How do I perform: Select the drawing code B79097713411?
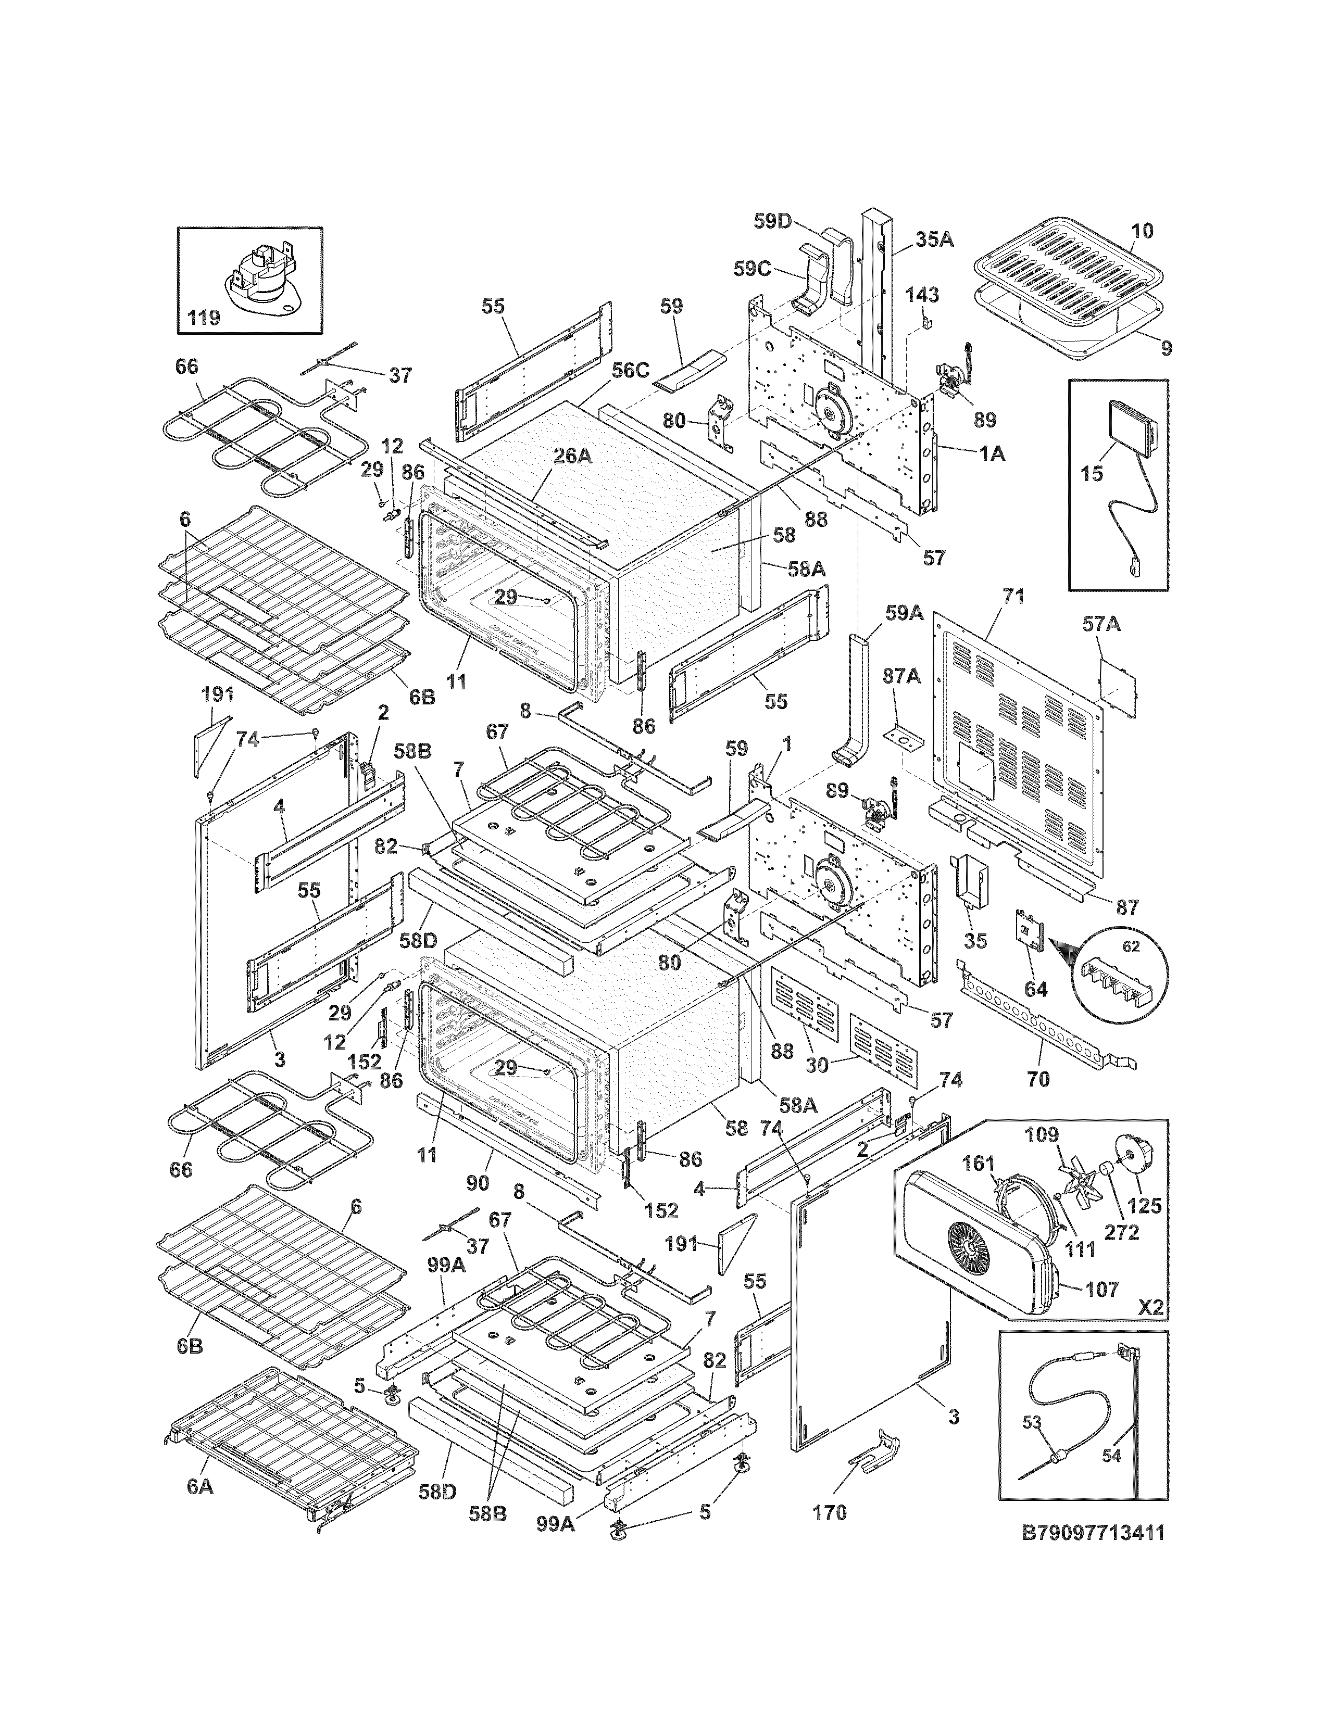coord(1092,1532)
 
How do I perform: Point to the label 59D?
coord(772,221)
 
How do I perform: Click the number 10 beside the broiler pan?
coord(1142,231)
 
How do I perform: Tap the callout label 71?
coord(1014,597)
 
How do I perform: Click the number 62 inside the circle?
coord(1131,947)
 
